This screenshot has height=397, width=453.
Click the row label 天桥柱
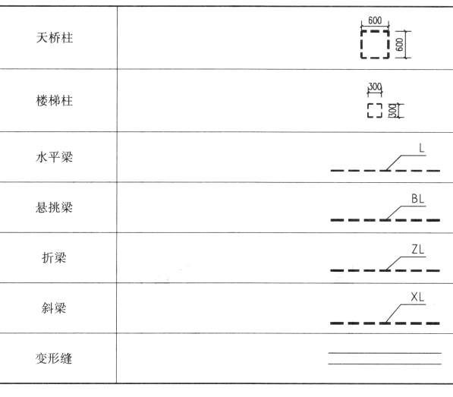(x=55, y=38)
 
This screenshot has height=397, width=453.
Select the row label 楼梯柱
(x=55, y=101)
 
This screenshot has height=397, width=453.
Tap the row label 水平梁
(x=55, y=157)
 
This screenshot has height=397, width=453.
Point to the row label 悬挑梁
(x=55, y=207)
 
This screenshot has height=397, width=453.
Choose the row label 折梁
(x=55, y=258)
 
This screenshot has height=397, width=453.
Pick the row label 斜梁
(x=54, y=308)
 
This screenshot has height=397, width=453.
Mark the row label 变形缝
(x=54, y=358)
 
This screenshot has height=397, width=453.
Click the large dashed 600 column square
(x=375, y=30)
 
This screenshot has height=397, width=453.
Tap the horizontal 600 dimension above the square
(x=375, y=20)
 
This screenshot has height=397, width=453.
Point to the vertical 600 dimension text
(x=400, y=45)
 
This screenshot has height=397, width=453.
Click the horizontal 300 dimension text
(x=375, y=87)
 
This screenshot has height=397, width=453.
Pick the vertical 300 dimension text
(x=393, y=111)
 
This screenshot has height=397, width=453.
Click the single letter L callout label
(x=422, y=149)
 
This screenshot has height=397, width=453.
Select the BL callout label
(x=418, y=199)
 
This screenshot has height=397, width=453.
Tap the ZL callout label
(x=418, y=249)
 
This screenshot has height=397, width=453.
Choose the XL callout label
(x=417, y=297)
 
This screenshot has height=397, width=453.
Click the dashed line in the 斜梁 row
(x=385, y=323)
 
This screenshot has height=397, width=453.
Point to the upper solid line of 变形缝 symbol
(x=385, y=353)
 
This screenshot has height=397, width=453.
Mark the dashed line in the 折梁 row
(x=385, y=271)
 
